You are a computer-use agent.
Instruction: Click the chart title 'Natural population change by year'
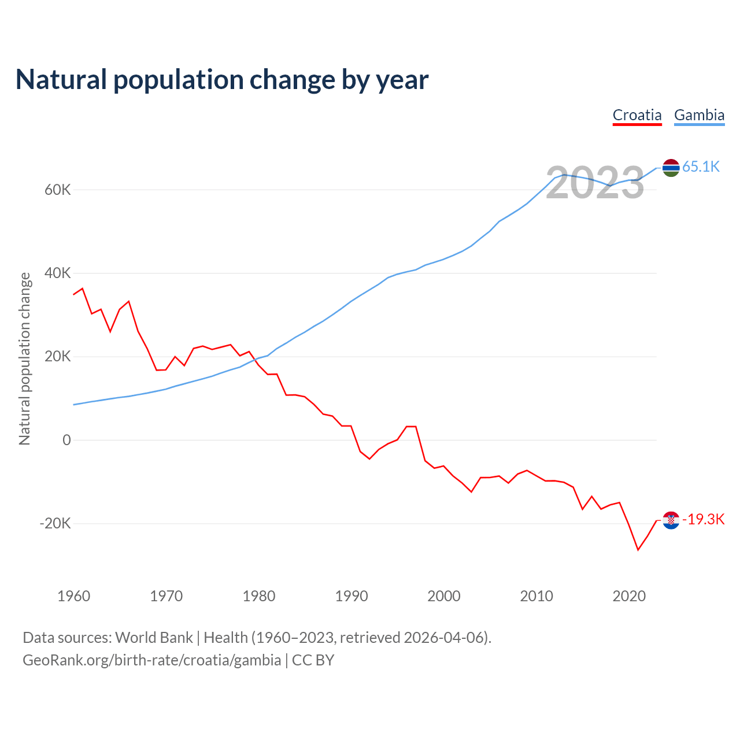[222, 80]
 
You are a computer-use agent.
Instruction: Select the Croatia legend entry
[637, 115]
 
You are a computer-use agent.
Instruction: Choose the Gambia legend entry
[699, 115]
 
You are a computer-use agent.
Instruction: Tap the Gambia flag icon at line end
[671, 168]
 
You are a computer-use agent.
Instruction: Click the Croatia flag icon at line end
[671, 520]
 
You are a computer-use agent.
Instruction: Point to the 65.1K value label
[701, 167]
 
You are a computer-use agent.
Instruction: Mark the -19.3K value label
[703, 520]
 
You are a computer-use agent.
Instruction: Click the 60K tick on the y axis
[58, 190]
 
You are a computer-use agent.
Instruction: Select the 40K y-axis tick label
[58, 273]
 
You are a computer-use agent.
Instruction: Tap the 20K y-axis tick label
[58, 357]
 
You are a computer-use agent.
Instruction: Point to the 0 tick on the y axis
[67, 440]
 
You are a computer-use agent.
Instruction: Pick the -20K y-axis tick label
[55, 524]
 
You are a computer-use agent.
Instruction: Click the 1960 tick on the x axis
[74, 596]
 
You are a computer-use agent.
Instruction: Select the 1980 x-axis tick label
[259, 596]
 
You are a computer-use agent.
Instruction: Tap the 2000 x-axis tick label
[444, 596]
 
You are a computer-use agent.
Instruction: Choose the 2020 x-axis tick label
[629, 596]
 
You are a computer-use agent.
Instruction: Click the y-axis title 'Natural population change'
[25, 358]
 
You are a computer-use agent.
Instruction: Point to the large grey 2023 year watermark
[595, 183]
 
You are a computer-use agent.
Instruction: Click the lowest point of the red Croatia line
[638, 550]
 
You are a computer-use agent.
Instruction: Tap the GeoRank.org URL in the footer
[152, 660]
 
